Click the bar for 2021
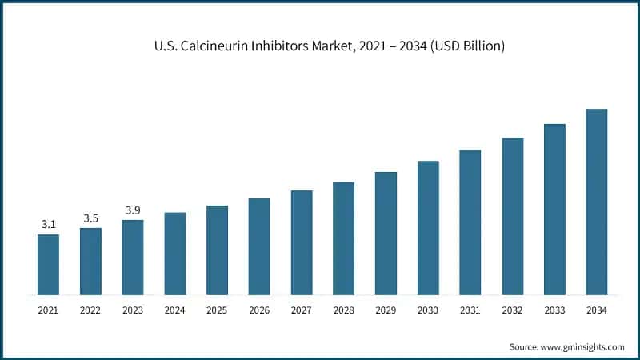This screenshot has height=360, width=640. click(48, 264)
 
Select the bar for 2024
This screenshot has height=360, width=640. click(174, 254)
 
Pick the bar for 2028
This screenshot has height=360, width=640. click(343, 238)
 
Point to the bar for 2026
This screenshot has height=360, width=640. click(259, 246)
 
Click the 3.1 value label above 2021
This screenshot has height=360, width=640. click(48, 225)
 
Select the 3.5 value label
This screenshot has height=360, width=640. click(90, 218)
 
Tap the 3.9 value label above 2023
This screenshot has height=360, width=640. click(133, 210)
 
